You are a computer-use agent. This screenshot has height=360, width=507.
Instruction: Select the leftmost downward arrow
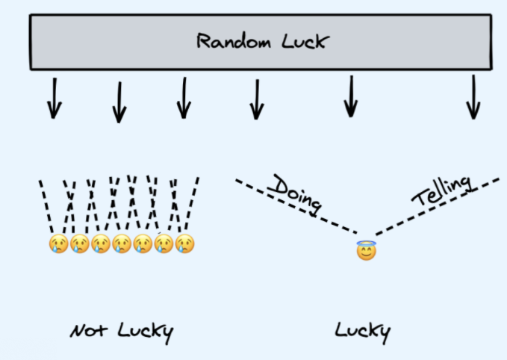[53, 98]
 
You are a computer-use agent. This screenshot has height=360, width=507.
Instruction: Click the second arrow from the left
[119, 102]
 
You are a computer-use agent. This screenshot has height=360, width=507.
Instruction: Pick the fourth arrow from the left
[256, 99]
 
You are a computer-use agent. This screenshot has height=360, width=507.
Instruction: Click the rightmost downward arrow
[473, 98]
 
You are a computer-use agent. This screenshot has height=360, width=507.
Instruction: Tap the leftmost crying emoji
[58, 243]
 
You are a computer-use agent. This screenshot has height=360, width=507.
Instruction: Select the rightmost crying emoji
[184, 243]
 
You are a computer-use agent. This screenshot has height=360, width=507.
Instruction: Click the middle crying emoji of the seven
[122, 243]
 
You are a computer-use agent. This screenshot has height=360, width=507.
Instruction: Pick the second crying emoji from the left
[79, 243]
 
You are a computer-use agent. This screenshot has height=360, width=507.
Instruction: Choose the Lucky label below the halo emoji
[362, 331]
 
